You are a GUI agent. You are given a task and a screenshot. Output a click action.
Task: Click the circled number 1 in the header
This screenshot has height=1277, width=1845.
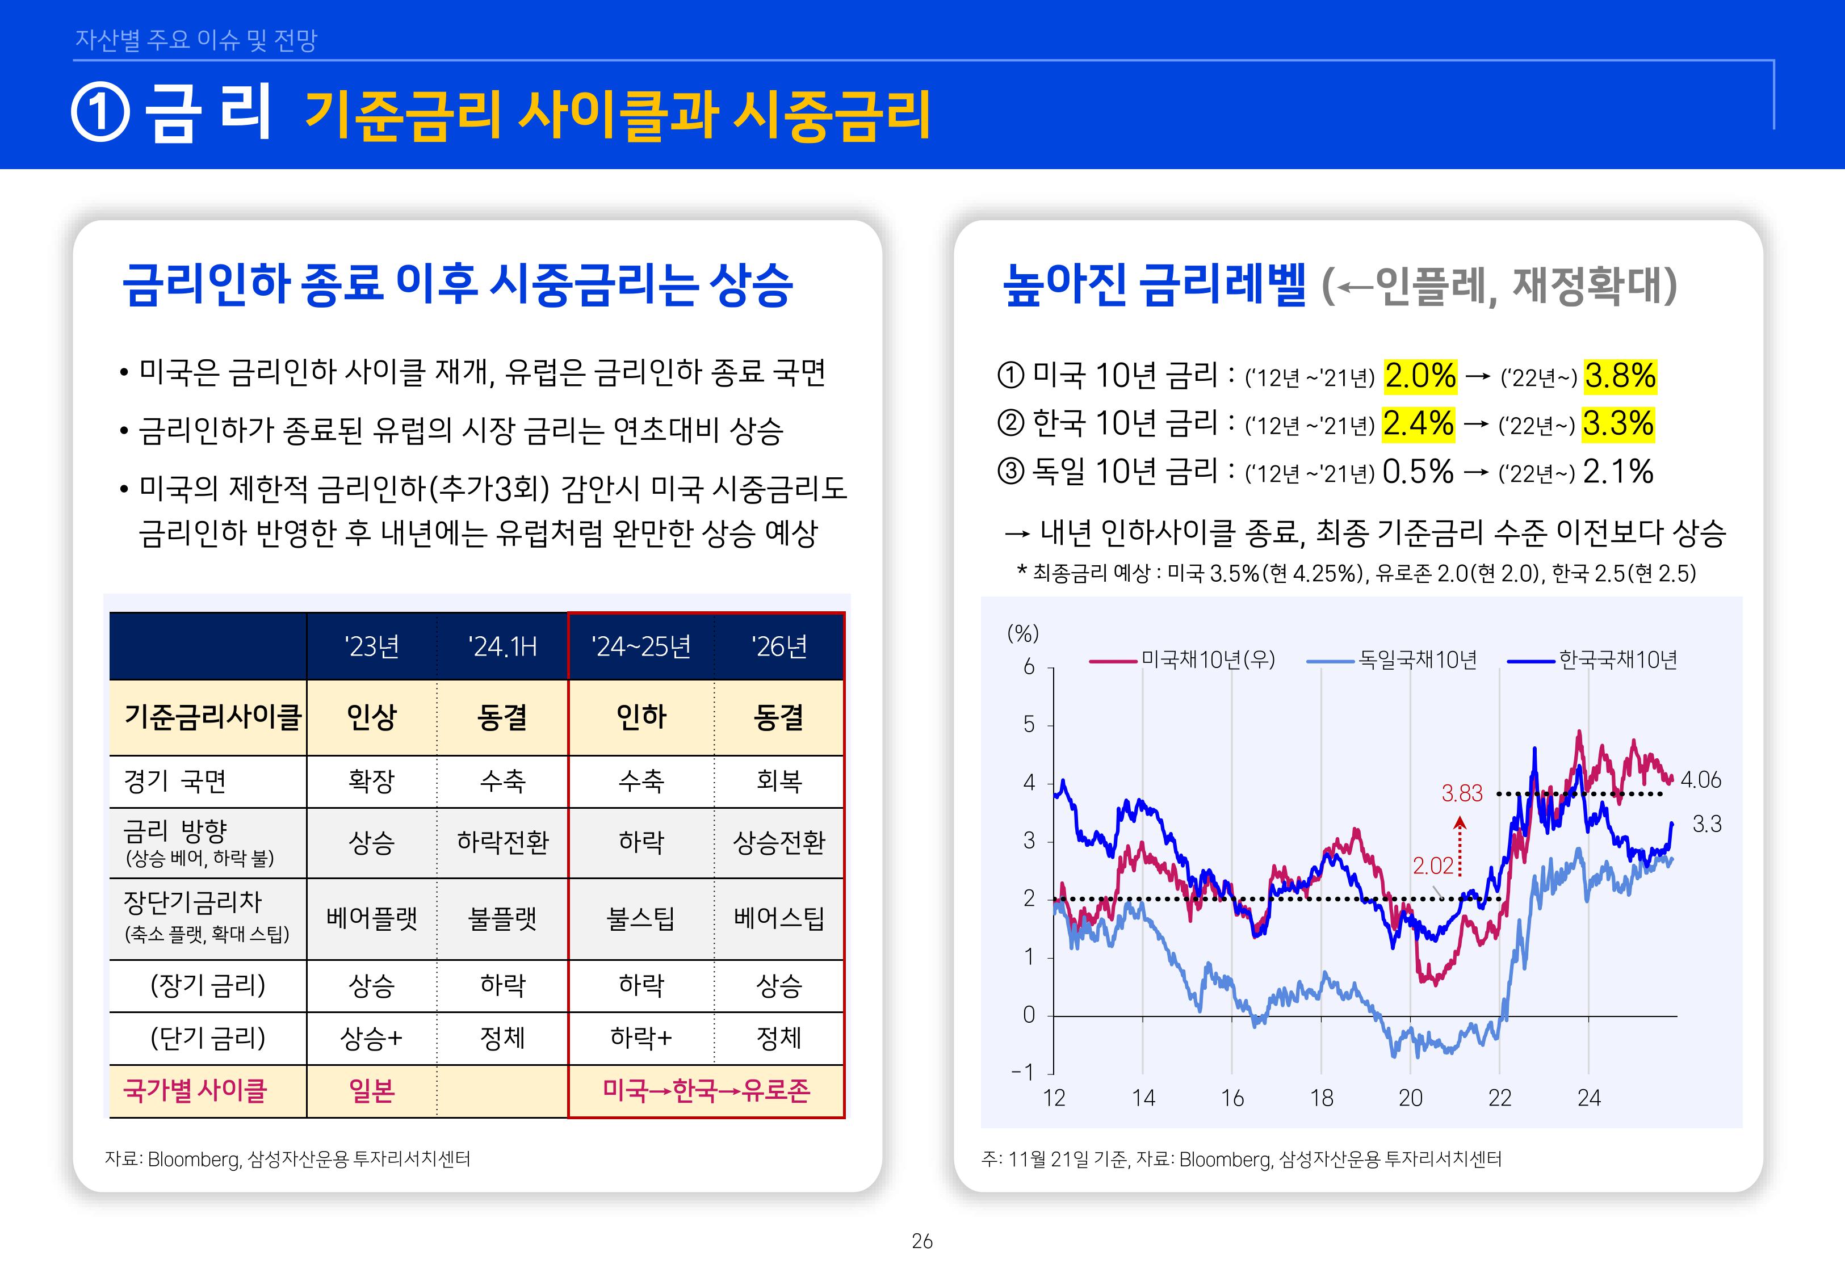tap(100, 113)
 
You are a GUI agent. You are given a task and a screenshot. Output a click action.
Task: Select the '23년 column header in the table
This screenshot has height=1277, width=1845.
tap(371, 646)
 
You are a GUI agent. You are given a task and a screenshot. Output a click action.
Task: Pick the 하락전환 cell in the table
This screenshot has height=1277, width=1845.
tap(502, 842)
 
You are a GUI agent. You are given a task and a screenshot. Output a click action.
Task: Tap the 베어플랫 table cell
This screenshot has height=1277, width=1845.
tap(371, 918)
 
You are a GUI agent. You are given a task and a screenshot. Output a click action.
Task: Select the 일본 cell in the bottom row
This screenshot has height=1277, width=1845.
tap(371, 1091)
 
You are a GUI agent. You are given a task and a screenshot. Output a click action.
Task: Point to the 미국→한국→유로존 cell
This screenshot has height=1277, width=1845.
tap(706, 1091)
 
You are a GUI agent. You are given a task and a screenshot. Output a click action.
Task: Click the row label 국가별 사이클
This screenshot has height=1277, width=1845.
tap(195, 1091)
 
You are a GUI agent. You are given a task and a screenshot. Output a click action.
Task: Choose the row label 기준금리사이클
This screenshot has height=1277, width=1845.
tap(211, 717)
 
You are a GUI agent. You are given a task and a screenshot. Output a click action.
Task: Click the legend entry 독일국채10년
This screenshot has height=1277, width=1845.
tap(1417, 660)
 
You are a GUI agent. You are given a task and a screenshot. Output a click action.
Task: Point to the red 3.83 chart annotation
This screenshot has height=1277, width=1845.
tap(1462, 793)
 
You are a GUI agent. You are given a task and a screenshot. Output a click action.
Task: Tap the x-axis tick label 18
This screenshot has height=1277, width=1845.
tap(1321, 1098)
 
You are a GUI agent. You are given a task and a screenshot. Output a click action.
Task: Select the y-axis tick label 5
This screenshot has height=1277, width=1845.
tap(1029, 725)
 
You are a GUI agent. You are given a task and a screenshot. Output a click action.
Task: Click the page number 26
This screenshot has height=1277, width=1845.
tap(922, 1241)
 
